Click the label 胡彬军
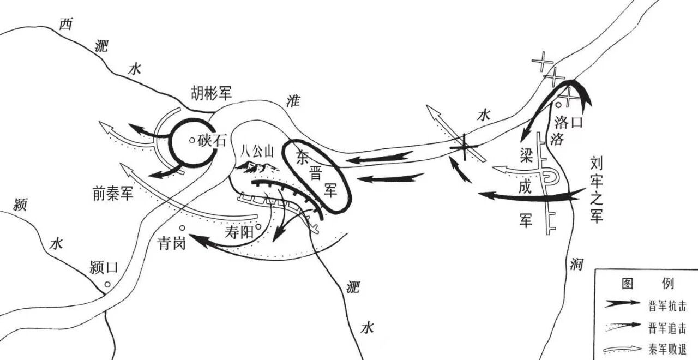pyautogui.click(x=211, y=93)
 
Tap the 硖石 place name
pyautogui.click(x=212, y=141)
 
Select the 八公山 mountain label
pyautogui.click(x=257, y=152)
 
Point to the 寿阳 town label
pyautogui.click(x=239, y=232)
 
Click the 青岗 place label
pyautogui.click(x=172, y=243)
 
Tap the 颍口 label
pyautogui.click(x=104, y=267)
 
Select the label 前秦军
pyautogui.click(x=113, y=193)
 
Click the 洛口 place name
pyautogui.click(x=569, y=123)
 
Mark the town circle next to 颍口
pyautogui.click(x=107, y=284)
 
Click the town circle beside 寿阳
pyautogui.click(x=258, y=226)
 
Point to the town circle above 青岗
pyautogui.click(x=182, y=229)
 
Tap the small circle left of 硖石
pyautogui.click(x=192, y=141)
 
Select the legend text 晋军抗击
pyautogui.click(x=667, y=306)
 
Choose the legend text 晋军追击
pyautogui.click(x=667, y=328)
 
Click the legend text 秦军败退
pyautogui.click(x=667, y=350)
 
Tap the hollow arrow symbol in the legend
pyautogui.click(x=622, y=350)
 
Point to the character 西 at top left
pyautogui.click(x=66, y=24)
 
